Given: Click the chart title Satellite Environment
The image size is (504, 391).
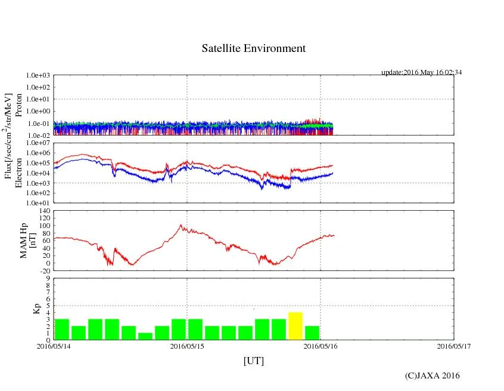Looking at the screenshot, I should (254, 49).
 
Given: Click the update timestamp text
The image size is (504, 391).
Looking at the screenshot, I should (422, 72).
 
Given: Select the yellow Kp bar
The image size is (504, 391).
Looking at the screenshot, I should (295, 326).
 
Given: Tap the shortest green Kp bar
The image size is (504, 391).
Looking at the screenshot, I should (145, 336).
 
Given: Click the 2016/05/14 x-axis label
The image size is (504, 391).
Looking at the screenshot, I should (54, 346).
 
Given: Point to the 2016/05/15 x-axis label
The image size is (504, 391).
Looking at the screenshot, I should (187, 346).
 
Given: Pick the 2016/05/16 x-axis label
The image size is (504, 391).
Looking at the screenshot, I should (321, 346).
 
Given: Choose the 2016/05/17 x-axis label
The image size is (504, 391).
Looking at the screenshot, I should (453, 346).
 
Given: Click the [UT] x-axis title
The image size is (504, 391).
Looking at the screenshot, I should (254, 361).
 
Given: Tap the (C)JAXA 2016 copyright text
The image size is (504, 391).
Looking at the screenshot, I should (433, 375).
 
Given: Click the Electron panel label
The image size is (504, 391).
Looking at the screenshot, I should (18, 173).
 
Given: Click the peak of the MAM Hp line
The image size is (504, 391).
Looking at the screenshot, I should (181, 225).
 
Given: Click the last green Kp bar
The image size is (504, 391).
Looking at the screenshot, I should (312, 332).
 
